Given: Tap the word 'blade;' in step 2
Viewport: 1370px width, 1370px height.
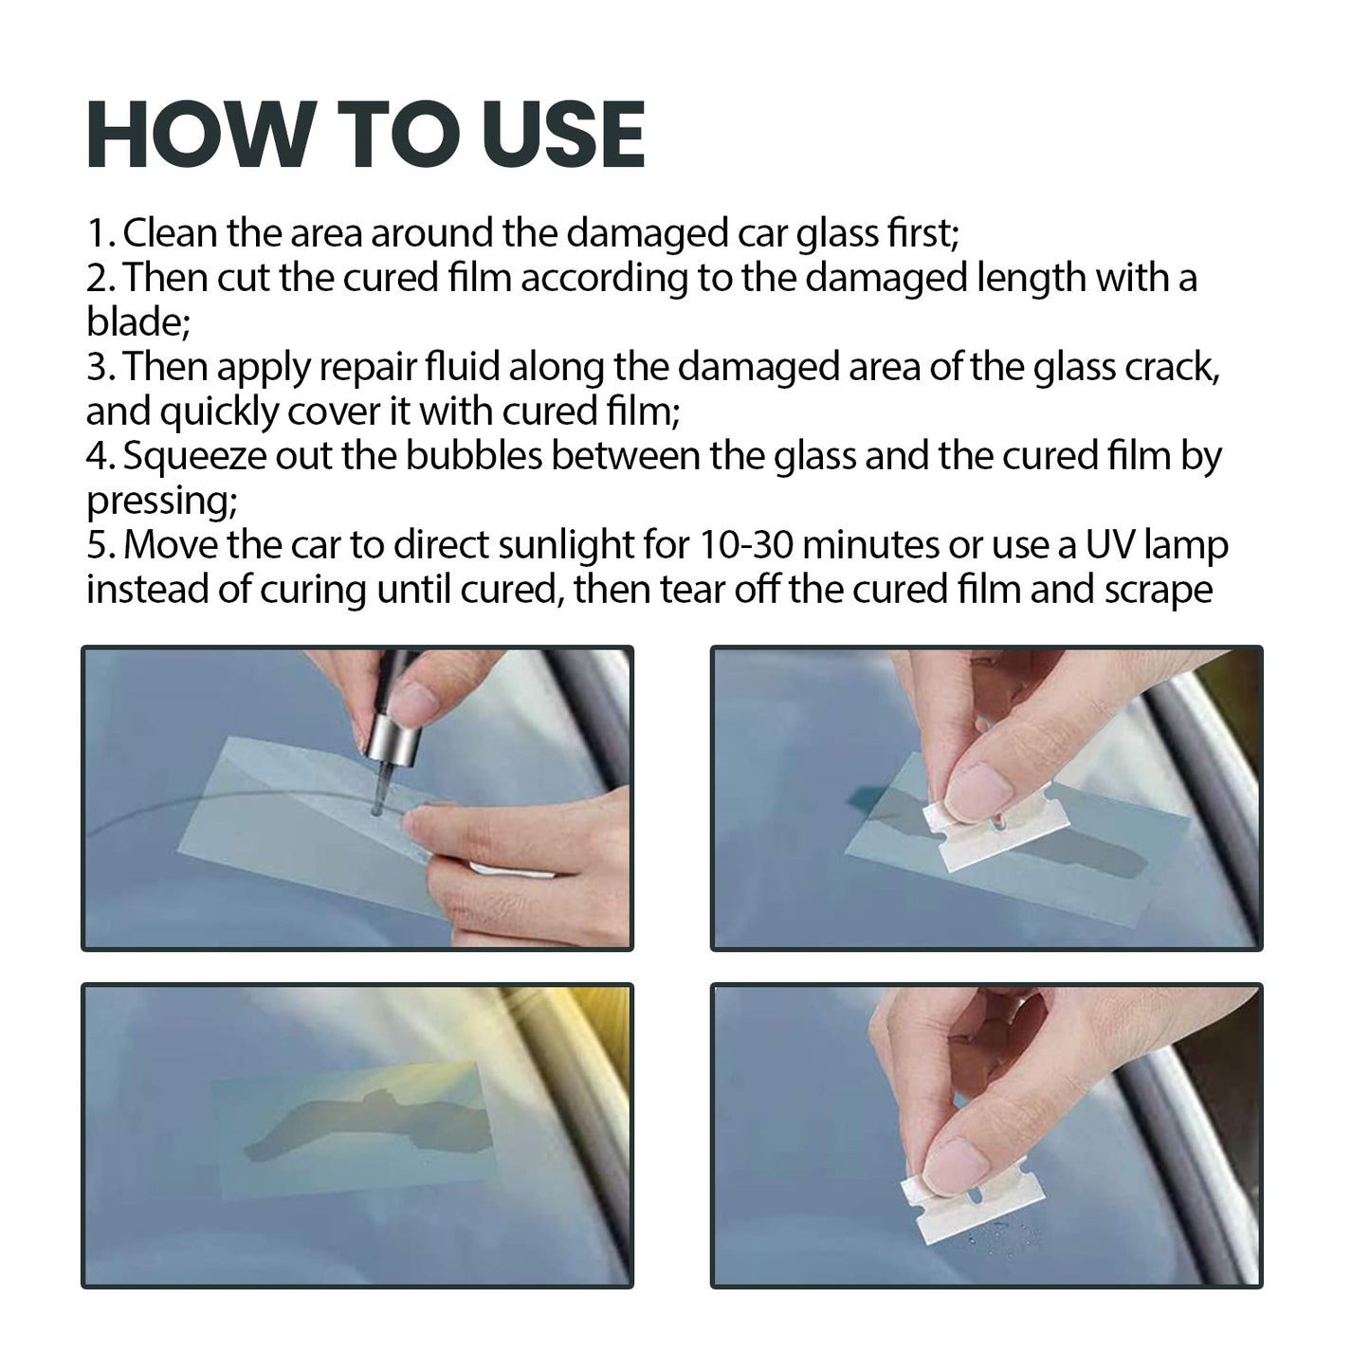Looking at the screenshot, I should (138, 322).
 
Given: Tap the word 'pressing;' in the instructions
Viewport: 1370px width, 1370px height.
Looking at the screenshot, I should (161, 501).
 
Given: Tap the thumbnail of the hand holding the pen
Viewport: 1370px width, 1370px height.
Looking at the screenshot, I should (410, 704).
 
